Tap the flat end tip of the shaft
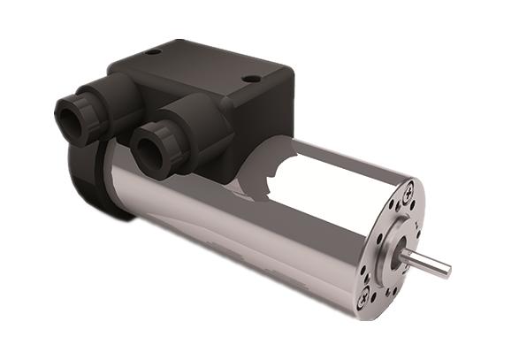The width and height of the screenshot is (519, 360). pyautogui.click(x=446, y=268)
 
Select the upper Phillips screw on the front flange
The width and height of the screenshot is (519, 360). pyautogui.click(x=408, y=188)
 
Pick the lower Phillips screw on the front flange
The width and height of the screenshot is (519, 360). pyautogui.click(x=363, y=300)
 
